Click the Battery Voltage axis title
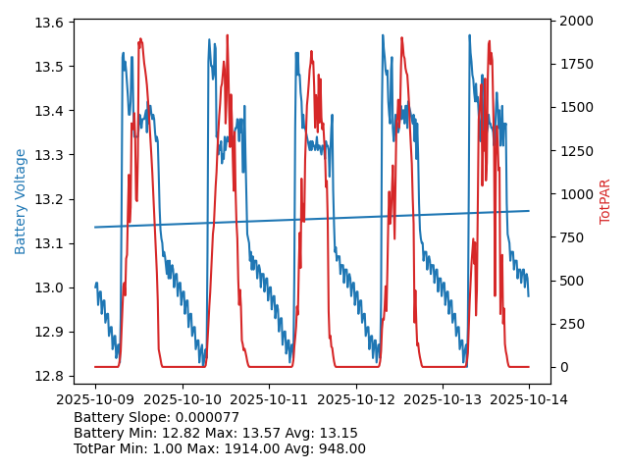21,201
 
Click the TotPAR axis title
605,201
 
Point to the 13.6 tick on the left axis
51,23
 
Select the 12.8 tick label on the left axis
51,376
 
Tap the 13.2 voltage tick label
51,199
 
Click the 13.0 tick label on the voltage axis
51,288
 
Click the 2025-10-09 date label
95,399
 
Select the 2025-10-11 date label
269,399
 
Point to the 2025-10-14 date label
529,399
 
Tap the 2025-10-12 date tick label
355,399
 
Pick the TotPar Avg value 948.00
340,448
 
